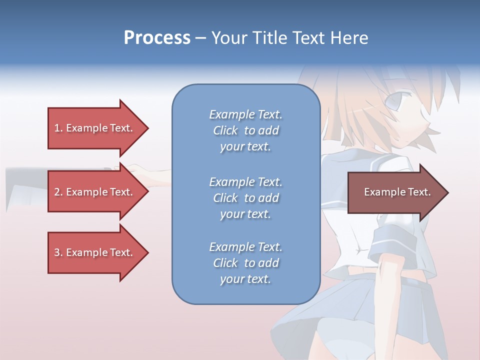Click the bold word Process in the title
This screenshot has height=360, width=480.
tap(157, 38)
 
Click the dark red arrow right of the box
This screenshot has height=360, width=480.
tap(395, 192)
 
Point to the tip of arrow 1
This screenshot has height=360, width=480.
tap(147, 128)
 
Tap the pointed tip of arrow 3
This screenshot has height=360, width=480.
tap(147, 252)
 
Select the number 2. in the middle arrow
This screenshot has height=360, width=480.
tap(58, 192)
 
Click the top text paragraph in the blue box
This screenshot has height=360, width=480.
tap(245, 130)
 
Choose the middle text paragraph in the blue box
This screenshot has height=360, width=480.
tap(245, 197)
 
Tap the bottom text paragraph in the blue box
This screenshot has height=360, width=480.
tap(245, 263)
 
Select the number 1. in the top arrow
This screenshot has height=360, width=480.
tap(58, 128)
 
